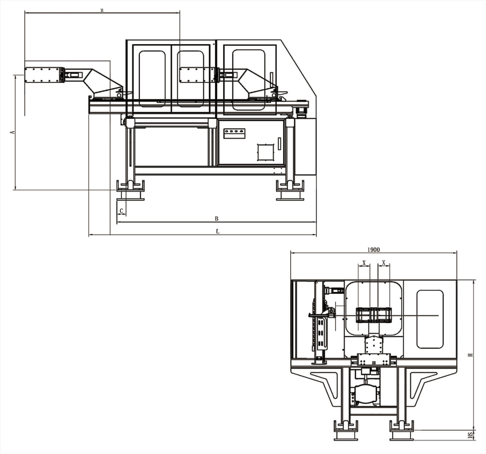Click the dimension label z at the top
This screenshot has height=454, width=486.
click(x=102, y=10)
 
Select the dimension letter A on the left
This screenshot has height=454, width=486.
click(x=13, y=132)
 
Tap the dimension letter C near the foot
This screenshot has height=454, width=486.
click(x=121, y=211)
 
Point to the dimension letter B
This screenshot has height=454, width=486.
click(x=216, y=218)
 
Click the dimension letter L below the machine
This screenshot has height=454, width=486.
click(x=217, y=231)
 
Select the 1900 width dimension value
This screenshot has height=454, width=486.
click(x=374, y=250)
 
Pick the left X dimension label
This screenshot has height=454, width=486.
click(x=364, y=263)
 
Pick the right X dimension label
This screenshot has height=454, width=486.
click(x=384, y=262)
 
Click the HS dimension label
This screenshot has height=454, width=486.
click(x=470, y=435)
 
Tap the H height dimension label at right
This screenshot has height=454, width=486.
click(x=470, y=355)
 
